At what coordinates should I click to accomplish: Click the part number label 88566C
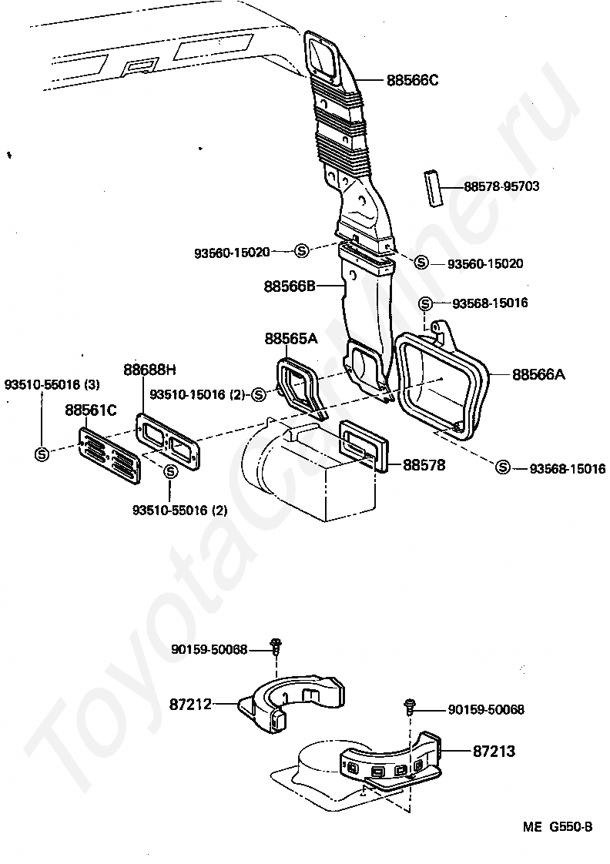[x=412, y=80]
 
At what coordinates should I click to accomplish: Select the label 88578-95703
[x=501, y=186]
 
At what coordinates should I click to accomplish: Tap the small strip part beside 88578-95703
[x=433, y=189]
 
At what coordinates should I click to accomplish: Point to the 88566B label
[x=290, y=286]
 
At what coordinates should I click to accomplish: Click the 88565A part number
[x=291, y=338]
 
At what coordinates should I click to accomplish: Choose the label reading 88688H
[x=149, y=369]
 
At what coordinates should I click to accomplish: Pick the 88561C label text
[x=91, y=410]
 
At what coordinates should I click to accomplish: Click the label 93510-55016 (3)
[x=52, y=384]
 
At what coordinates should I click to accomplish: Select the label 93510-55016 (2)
[x=179, y=511]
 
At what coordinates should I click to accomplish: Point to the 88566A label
[x=538, y=375]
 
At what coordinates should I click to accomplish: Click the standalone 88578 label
[x=424, y=465]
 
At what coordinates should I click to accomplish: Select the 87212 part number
[x=190, y=704]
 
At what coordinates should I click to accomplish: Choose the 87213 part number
[x=494, y=751]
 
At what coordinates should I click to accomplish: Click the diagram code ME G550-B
[x=558, y=827]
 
